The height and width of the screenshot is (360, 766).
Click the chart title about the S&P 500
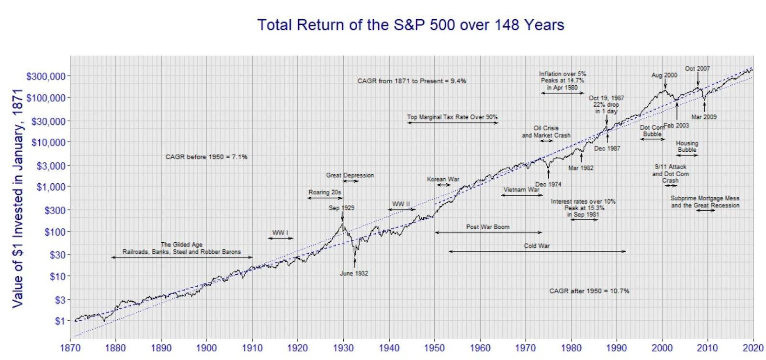point(411,25)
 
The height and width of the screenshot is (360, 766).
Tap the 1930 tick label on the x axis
point(343,348)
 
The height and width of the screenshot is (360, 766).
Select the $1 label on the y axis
point(59,321)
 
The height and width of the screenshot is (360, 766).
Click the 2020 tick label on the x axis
point(753,348)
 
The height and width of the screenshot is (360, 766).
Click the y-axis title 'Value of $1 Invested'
point(18,198)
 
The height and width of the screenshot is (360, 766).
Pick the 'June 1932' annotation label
point(354,273)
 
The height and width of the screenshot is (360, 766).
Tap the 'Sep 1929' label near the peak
point(341,208)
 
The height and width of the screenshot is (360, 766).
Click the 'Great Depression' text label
point(350,175)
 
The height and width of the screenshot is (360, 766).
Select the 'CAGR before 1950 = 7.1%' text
point(206,157)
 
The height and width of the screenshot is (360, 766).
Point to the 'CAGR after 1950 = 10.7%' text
point(589,291)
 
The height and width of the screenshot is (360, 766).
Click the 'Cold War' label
point(537,246)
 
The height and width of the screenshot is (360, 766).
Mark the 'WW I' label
point(280,233)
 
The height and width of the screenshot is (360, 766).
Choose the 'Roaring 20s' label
point(325,192)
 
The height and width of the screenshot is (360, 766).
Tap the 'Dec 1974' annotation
point(548,184)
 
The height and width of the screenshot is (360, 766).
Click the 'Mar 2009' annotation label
point(704,117)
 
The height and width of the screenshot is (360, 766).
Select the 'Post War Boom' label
point(488,227)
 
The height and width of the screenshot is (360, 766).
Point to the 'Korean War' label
point(443,179)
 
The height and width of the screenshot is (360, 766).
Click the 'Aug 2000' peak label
point(664,75)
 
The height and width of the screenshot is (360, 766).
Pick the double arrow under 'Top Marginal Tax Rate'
point(452,123)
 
